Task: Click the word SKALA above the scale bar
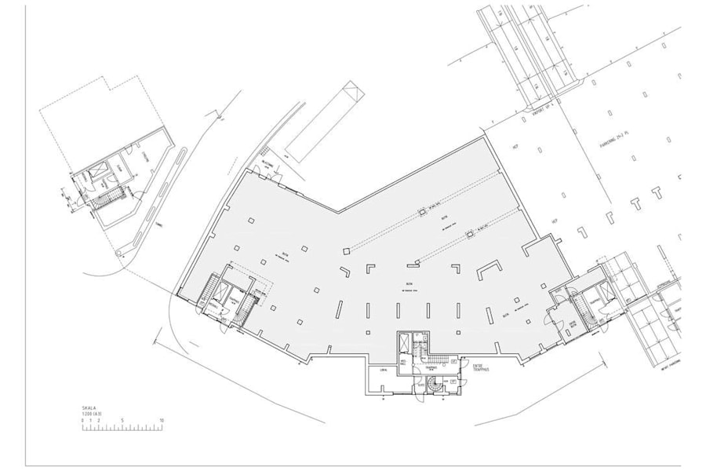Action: (88, 408)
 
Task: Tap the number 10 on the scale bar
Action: (161, 421)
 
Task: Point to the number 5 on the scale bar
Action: (122, 421)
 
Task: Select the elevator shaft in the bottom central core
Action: (404, 343)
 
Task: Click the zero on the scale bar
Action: (82, 421)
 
